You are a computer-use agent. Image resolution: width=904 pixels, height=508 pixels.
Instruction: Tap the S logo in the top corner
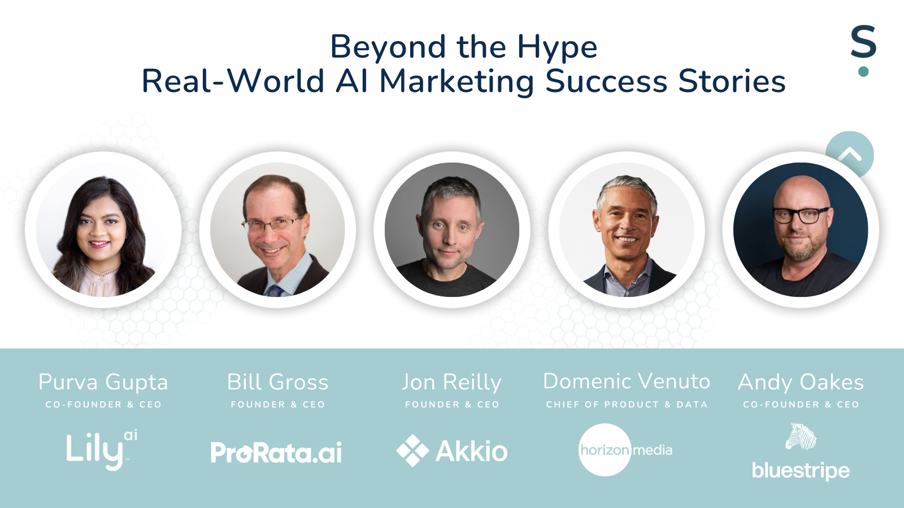pyautogui.click(x=863, y=41)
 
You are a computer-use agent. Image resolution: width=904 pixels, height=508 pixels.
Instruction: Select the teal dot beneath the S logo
pyautogui.click(x=863, y=71)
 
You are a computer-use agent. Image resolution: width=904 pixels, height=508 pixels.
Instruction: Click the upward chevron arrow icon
pyautogui.click(x=850, y=154)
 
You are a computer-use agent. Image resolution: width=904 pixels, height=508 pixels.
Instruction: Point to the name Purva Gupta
pyautogui.click(x=103, y=382)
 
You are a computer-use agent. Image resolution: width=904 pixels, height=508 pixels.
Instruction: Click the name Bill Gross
pyautogui.click(x=277, y=382)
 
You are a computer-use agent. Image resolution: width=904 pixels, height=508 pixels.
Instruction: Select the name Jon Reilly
pyautogui.click(x=451, y=383)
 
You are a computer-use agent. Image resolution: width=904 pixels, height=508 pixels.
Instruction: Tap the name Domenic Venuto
pyautogui.click(x=627, y=381)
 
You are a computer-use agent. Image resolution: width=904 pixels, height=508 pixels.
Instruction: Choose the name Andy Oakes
pyautogui.click(x=801, y=382)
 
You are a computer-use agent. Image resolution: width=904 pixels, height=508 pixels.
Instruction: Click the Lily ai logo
pyautogui.click(x=102, y=450)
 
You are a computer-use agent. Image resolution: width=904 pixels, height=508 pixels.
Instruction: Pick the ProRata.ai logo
pyautogui.click(x=276, y=452)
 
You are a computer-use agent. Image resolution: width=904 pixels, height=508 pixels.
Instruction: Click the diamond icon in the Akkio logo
pyautogui.click(x=412, y=450)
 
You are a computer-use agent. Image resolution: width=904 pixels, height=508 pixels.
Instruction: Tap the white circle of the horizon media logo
pyautogui.click(x=605, y=450)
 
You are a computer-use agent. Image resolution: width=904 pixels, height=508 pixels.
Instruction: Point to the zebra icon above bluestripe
pyautogui.click(x=801, y=436)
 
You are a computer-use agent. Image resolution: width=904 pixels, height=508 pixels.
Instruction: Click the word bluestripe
pyautogui.click(x=801, y=471)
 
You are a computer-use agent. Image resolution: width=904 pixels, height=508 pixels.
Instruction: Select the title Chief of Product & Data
pyautogui.click(x=627, y=404)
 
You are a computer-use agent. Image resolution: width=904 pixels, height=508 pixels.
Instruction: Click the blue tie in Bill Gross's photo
pyautogui.click(x=275, y=290)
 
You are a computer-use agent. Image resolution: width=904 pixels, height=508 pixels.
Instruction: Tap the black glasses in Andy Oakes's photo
pyautogui.click(x=801, y=215)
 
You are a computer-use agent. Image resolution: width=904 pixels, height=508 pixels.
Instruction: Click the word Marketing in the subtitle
pyautogui.click(x=457, y=82)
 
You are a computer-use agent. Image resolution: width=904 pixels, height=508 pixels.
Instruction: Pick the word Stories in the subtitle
pyautogui.click(x=732, y=81)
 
